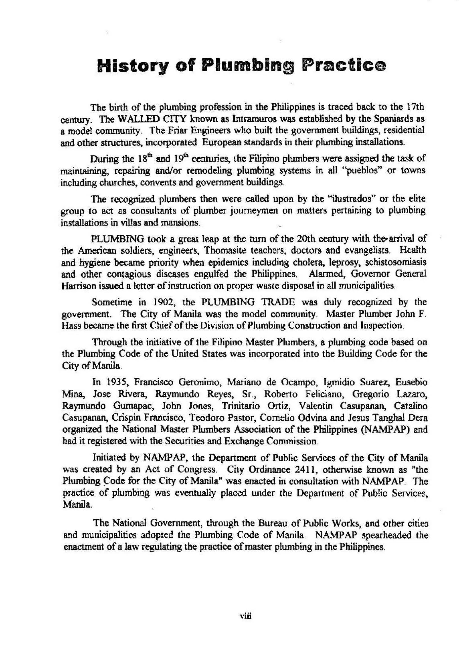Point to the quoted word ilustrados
pyautogui.click(x=350, y=199)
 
